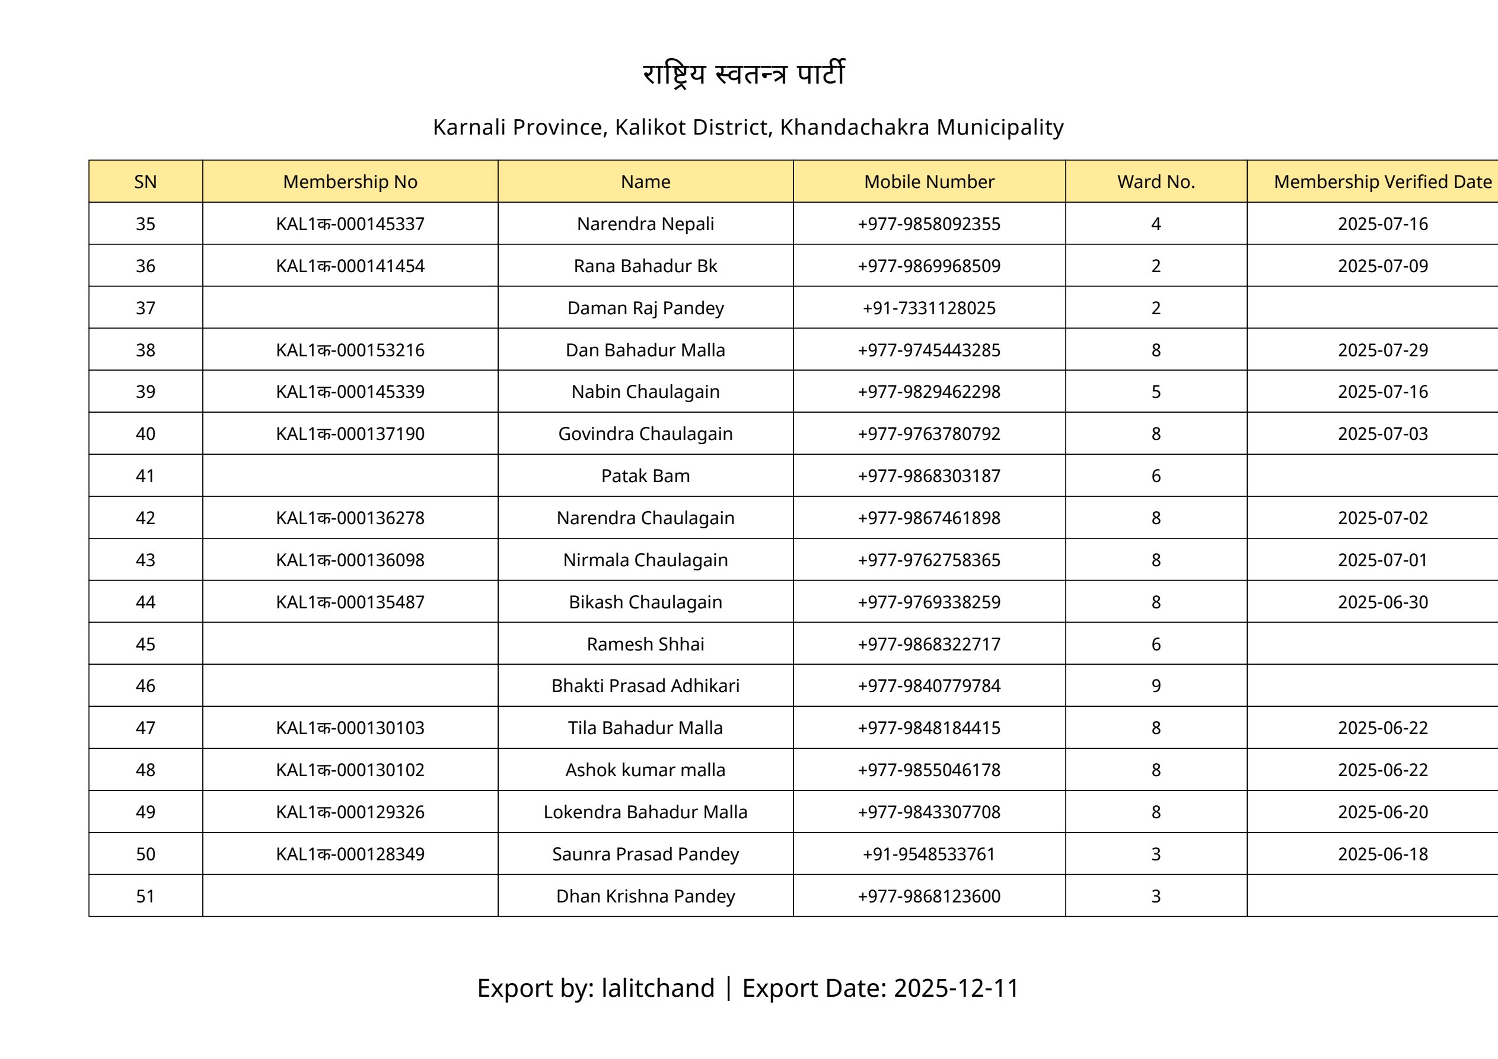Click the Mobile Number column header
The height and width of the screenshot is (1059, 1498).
coord(929,181)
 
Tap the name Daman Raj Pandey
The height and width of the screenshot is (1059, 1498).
coord(645,308)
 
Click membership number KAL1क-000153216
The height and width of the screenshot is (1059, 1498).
coord(350,350)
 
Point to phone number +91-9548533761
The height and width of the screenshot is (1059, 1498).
coord(929,854)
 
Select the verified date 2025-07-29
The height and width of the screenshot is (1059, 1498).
coord(1382,350)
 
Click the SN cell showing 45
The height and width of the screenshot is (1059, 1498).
coord(145,644)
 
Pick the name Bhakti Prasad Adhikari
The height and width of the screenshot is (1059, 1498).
coord(645,686)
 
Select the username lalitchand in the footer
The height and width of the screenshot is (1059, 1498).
coord(658,988)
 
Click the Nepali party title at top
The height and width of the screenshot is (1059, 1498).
coord(744,74)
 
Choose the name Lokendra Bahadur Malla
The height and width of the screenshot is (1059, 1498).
coord(645,812)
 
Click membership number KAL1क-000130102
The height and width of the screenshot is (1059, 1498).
coord(350,770)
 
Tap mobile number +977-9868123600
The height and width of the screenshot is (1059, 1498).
coord(929,896)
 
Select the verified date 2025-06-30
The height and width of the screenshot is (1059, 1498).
coord(1382,602)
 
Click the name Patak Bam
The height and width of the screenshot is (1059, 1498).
coord(645,476)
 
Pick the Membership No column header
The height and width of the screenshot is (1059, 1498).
coord(350,181)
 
